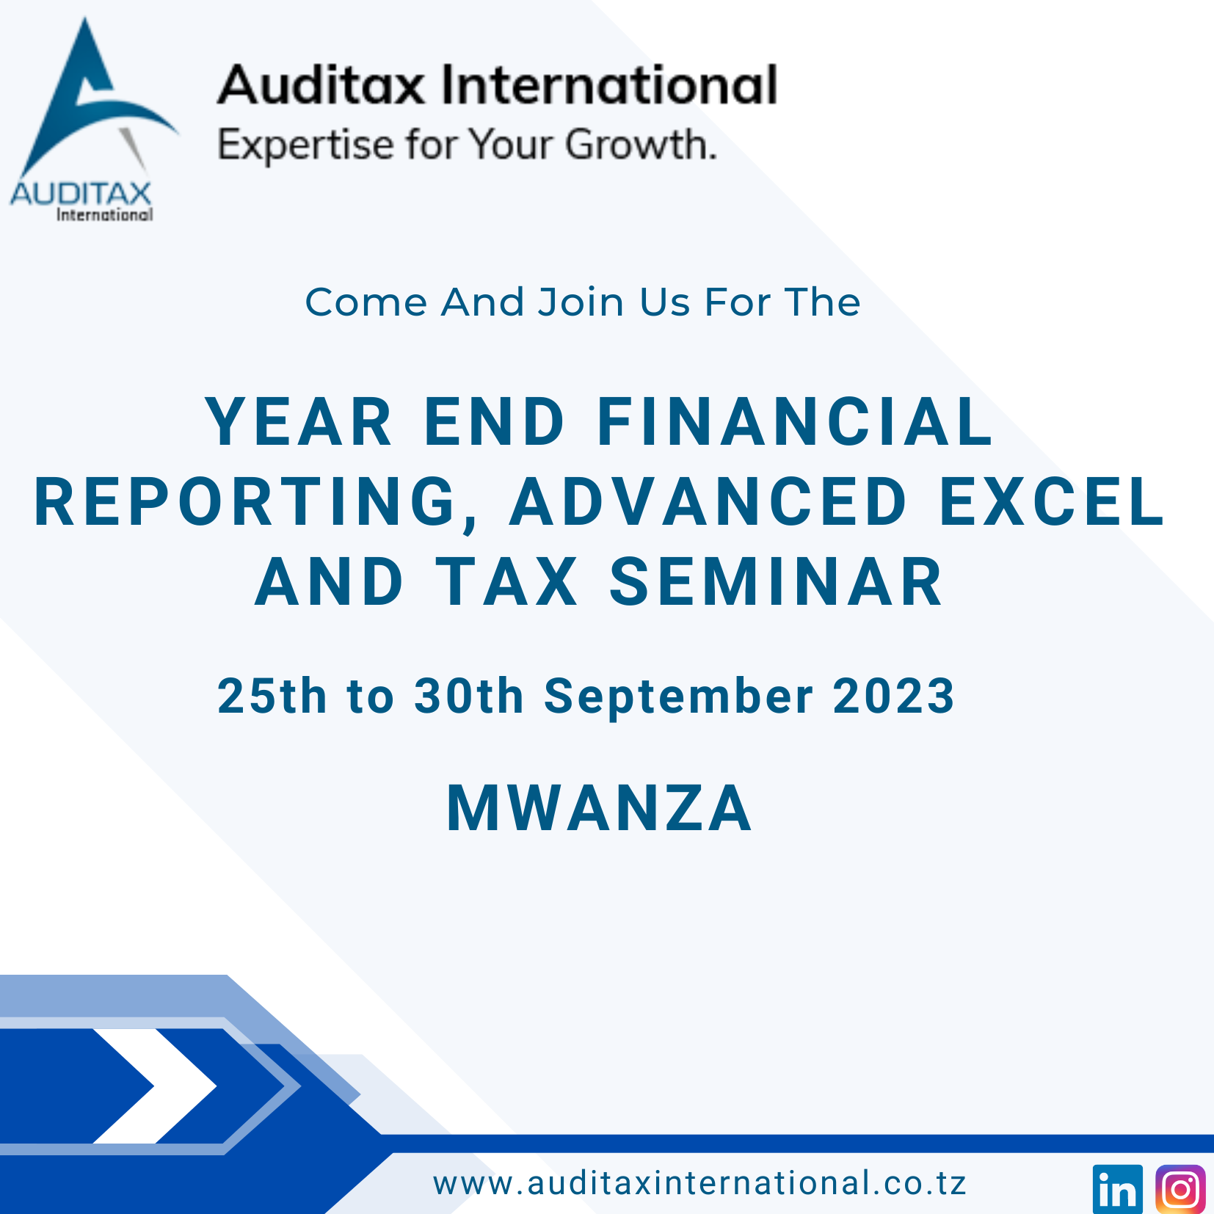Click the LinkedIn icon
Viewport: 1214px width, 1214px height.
[1117, 1189]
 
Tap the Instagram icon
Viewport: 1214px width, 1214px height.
[1180, 1189]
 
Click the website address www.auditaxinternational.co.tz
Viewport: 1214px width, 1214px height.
[699, 1184]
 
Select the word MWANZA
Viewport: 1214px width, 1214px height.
[600, 809]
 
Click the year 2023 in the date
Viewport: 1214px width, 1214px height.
[894, 696]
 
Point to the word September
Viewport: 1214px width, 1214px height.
[679, 696]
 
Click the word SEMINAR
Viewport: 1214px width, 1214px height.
[777, 582]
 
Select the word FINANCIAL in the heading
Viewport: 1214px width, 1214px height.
[796, 422]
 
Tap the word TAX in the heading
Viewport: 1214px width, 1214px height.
[508, 582]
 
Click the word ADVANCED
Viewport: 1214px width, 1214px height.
[709, 502]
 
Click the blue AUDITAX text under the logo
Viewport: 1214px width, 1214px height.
[81, 195]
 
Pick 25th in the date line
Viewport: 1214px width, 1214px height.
[272, 696]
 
